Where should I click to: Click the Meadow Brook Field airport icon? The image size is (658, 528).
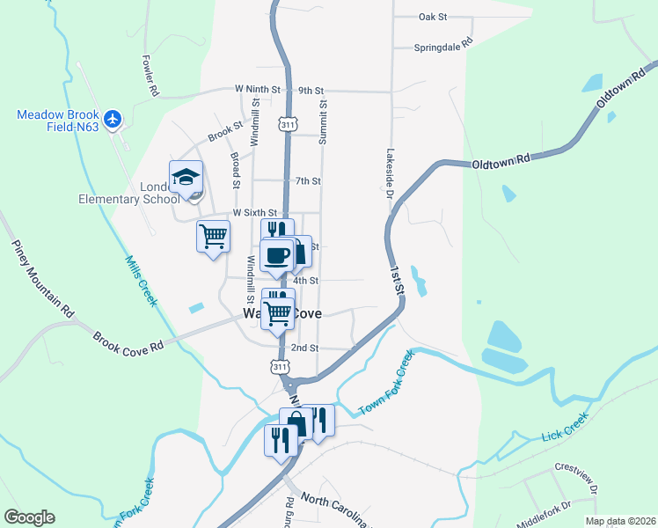112,118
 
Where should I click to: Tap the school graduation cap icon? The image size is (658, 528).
186,177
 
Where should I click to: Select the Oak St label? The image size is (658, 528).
433,17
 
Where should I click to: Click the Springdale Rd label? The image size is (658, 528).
443,48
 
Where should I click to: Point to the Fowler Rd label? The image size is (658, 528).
150,77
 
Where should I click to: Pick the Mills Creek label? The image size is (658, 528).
140,281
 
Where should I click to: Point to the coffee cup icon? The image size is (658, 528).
277,254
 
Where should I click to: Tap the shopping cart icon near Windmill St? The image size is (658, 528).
213,236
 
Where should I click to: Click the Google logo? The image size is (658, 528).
29,517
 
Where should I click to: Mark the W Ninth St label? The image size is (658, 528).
257,90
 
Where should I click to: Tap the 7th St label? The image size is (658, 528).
308,181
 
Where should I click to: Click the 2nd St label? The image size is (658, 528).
304,348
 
